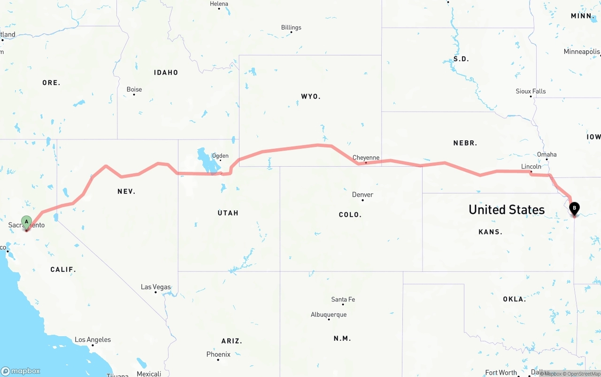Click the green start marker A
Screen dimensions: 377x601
[27, 222]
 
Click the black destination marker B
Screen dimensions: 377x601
[574, 208]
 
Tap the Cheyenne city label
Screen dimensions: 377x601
[366, 158]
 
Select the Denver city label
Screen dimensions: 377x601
[362, 194]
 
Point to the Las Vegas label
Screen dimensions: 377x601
[156, 287]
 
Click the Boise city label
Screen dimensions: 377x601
[134, 89]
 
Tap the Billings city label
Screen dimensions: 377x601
[291, 27]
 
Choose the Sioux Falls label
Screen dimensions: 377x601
[531, 91]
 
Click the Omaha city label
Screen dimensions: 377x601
[547, 154]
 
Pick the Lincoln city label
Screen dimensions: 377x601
[531, 166]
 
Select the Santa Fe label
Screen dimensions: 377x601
[343, 299]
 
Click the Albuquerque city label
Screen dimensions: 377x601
[329, 315]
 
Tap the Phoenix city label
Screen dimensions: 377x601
[218, 354]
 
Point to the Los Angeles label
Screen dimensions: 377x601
[93, 339]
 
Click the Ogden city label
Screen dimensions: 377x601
[220, 155]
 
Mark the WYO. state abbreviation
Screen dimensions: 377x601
[310, 96]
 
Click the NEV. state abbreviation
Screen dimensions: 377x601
[126, 191]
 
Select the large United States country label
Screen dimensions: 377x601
[507, 209]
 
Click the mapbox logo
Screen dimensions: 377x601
[21, 371]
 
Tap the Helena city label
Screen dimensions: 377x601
[219, 4]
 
